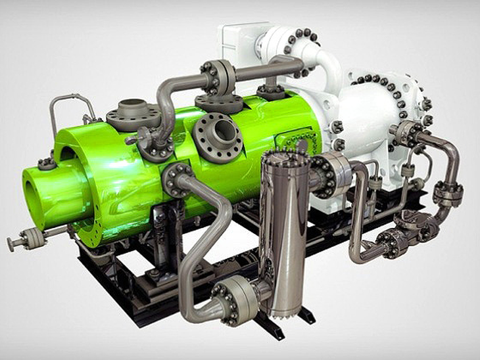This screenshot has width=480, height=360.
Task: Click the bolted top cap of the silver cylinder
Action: point(284,160)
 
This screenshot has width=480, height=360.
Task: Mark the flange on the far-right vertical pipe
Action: point(448,194)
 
